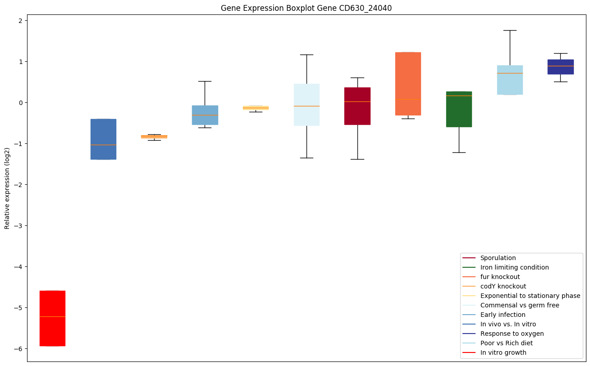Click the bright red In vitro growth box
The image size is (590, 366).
tap(52, 318)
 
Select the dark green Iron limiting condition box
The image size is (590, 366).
tap(459, 109)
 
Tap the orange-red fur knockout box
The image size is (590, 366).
tap(408, 84)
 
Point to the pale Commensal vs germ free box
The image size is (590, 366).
tap(306, 105)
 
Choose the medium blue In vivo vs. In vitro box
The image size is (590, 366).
tap(103, 139)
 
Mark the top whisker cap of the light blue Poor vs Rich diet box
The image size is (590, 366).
tap(510, 30)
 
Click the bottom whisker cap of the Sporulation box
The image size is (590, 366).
tap(357, 159)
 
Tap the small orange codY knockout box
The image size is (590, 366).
tap(154, 137)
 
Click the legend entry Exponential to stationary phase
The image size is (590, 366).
tap(530, 296)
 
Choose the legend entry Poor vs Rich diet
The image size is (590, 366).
tap(506, 343)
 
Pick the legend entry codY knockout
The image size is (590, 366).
tap(503, 286)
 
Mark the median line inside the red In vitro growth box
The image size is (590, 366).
tap(52, 317)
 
